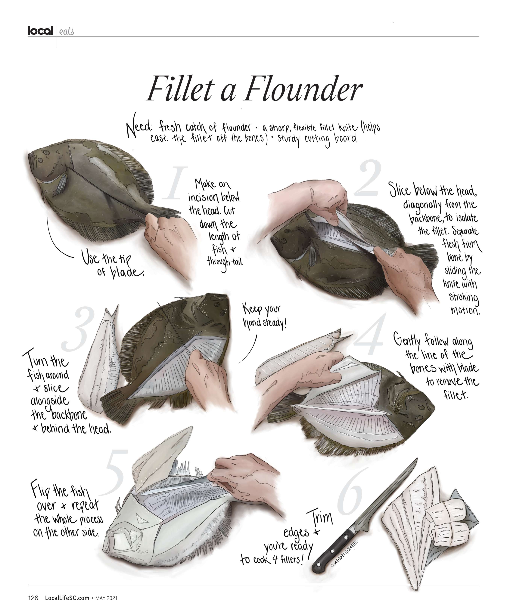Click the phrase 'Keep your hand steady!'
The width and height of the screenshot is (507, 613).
[x=264, y=317]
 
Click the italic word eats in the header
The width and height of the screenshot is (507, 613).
[x=67, y=31]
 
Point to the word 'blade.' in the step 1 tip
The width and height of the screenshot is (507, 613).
[x=127, y=272]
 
